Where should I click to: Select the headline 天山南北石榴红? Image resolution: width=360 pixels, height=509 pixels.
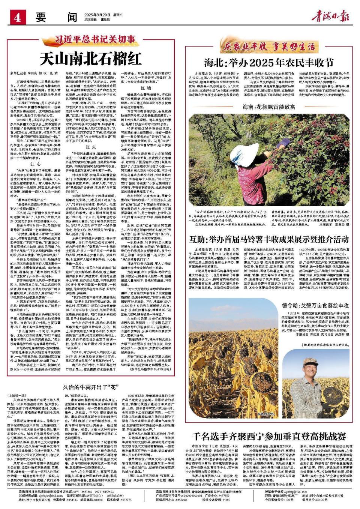coord(91,58)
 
